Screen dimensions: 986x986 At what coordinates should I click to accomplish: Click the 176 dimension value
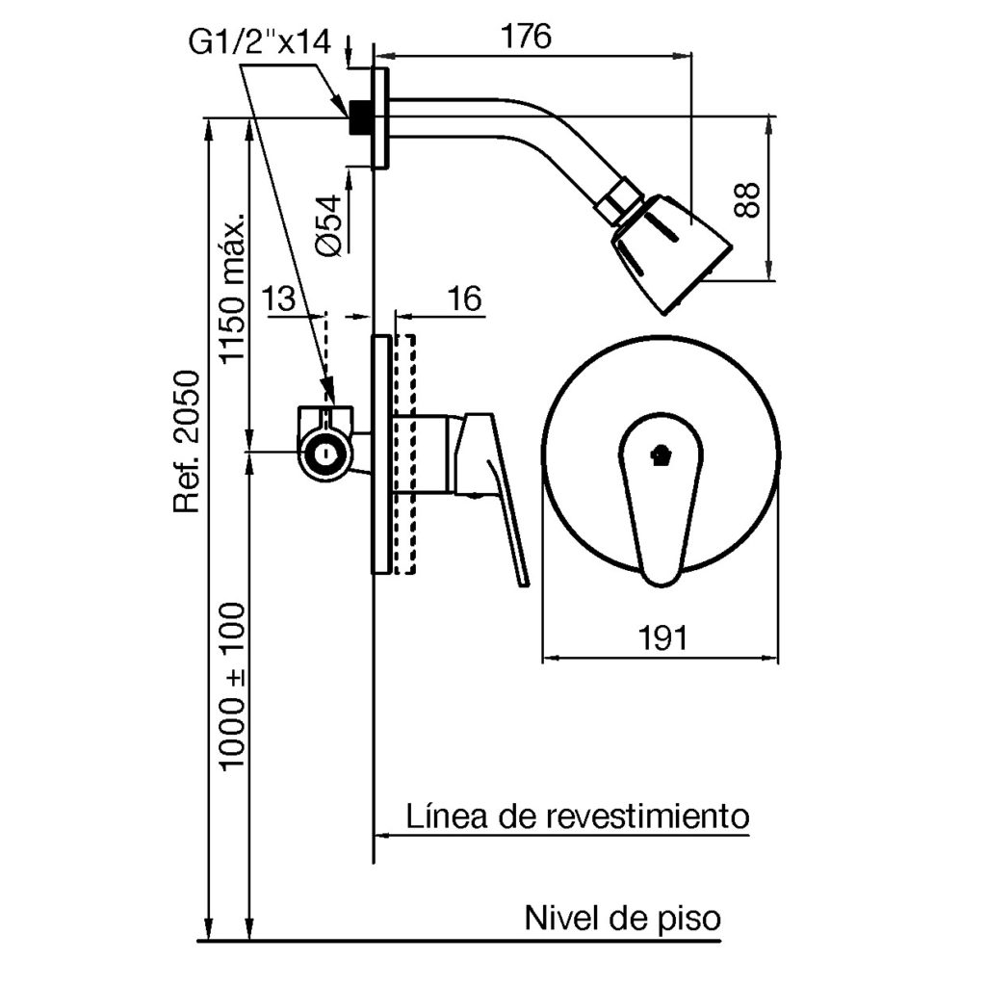[526, 37]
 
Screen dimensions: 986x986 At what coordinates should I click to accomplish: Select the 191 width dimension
[661, 636]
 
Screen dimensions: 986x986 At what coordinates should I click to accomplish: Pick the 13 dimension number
[279, 298]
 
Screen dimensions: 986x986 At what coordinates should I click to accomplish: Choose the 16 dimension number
[464, 298]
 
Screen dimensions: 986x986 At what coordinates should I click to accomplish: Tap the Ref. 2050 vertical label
[187, 442]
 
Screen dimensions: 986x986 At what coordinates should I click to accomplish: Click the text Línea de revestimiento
[577, 817]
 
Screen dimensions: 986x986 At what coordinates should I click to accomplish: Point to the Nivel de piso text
[622, 917]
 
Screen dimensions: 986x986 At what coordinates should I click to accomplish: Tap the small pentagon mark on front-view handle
[660, 454]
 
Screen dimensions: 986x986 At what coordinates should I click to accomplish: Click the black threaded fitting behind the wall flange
[361, 117]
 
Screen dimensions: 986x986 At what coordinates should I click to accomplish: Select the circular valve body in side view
[327, 452]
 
